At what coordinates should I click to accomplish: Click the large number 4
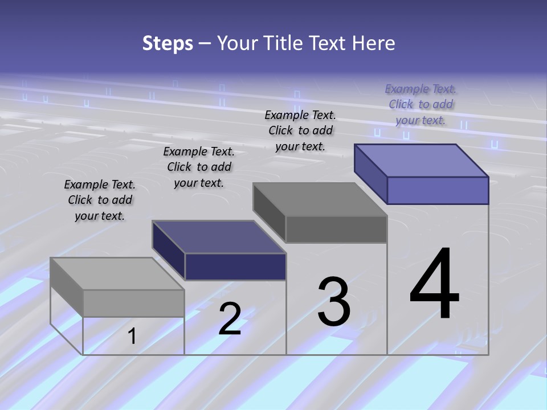(434, 284)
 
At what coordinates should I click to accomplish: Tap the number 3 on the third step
(334, 302)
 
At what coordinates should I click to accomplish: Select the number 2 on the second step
(230, 319)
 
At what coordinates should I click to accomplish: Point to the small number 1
(132, 336)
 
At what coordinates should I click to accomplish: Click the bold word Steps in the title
(168, 43)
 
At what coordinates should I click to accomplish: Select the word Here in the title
(374, 43)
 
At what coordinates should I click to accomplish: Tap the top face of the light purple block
(422, 161)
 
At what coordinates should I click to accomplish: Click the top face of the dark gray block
(320, 199)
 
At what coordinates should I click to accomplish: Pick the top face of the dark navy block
(219, 237)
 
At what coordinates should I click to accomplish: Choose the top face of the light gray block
(117, 274)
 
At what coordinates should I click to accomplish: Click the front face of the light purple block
(438, 190)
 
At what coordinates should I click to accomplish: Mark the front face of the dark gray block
(336, 229)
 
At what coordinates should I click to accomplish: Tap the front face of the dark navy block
(235, 266)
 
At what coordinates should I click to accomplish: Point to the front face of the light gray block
(133, 303)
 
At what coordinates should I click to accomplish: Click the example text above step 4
(421, 104)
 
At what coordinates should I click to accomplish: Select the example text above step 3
(300, 130)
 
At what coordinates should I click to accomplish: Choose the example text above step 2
(199, 167)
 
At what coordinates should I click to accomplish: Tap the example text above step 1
(100, 200)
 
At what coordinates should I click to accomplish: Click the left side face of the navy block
(169, 251)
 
